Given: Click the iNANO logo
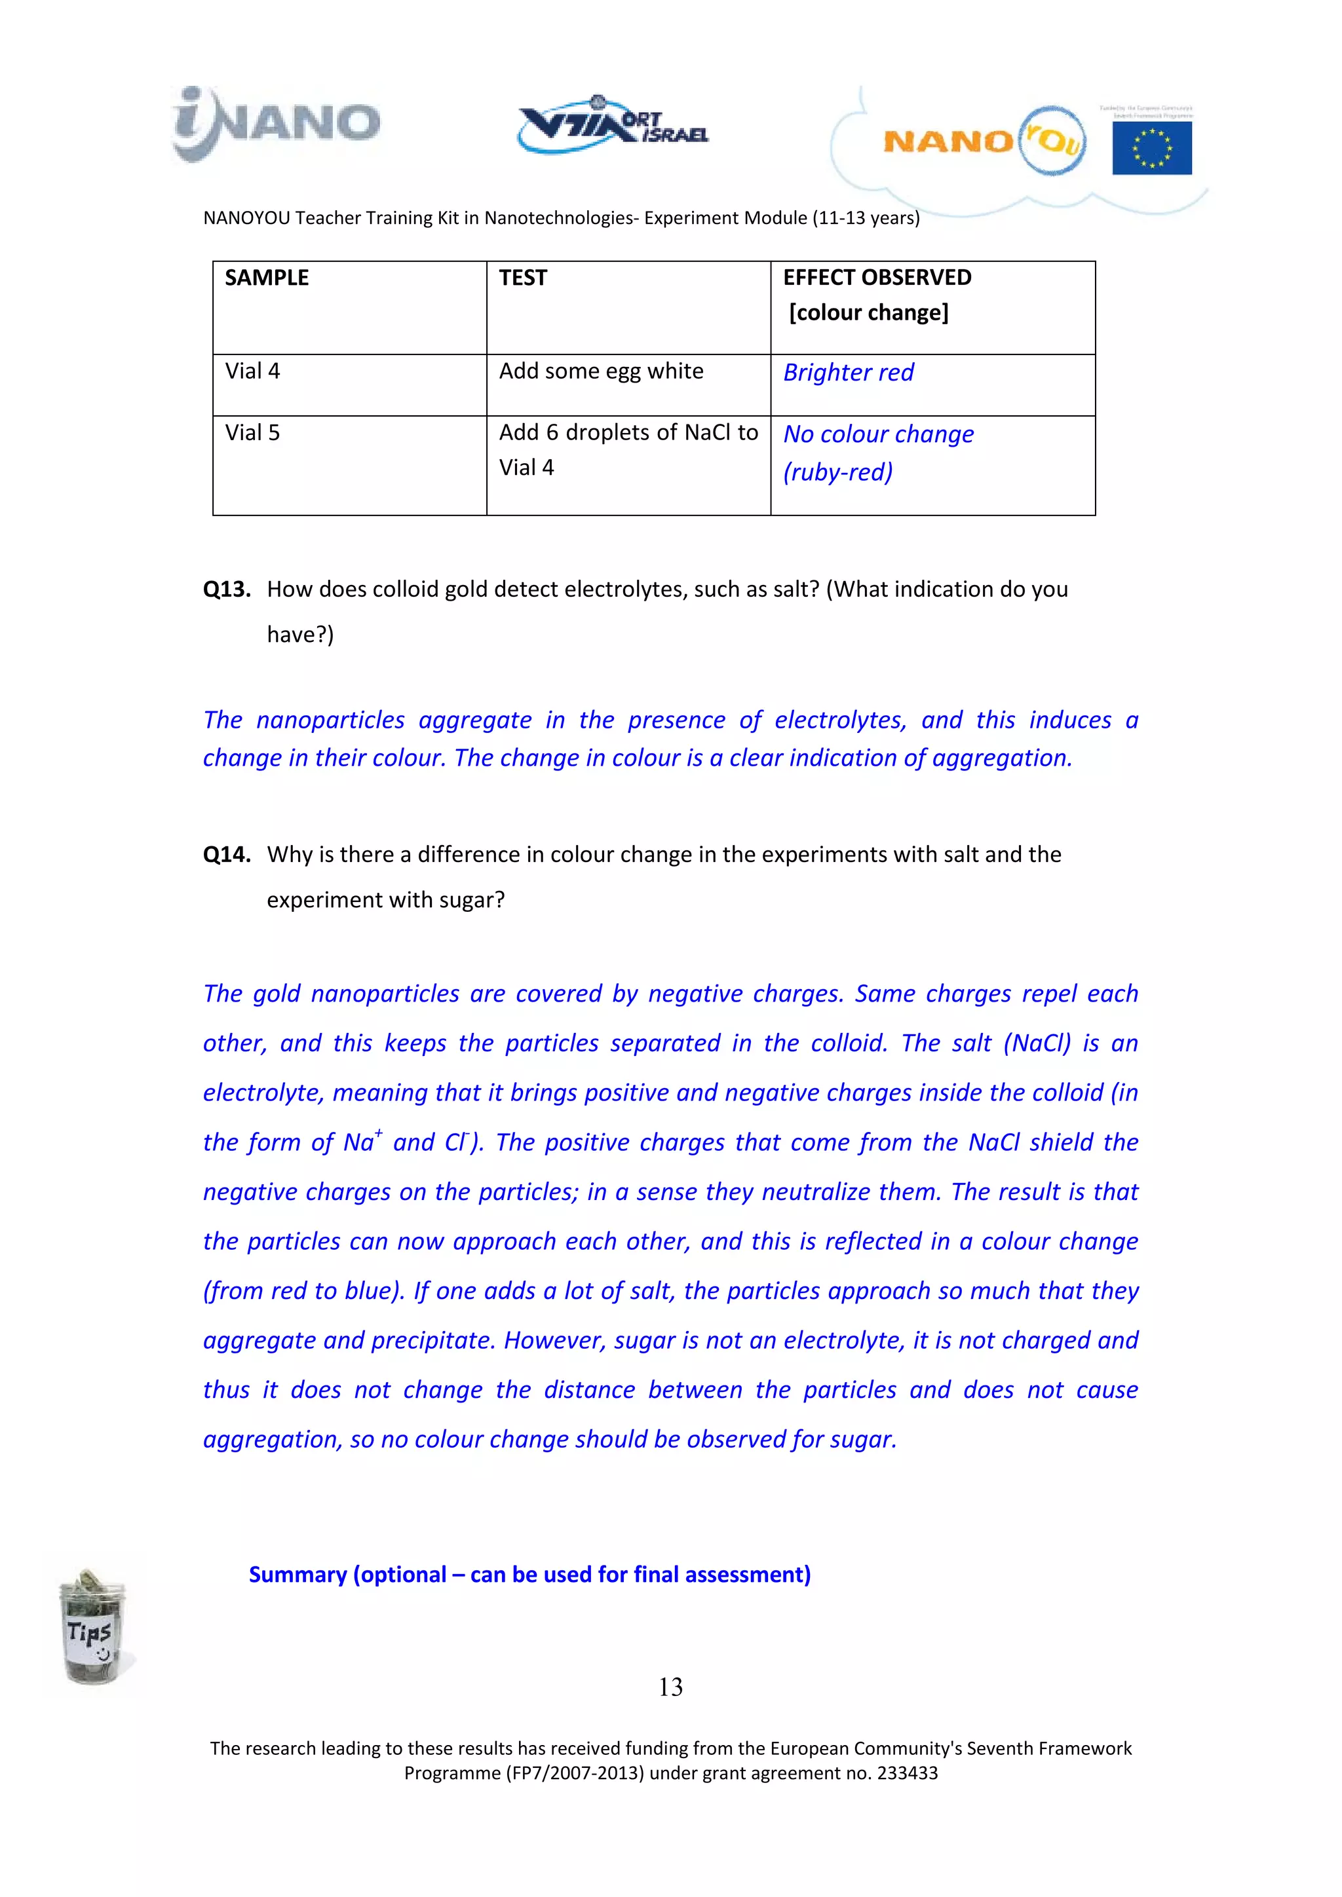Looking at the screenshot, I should (276, 123).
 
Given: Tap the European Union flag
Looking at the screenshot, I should (1151, 147).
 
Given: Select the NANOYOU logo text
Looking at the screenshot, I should (984, 141).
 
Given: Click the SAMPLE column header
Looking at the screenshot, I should (267, 278).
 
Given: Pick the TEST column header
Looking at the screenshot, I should (523, 278).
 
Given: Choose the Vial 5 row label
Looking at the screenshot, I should (253, 433).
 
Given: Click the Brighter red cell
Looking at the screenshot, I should (849, 373).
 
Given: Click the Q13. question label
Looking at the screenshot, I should (227, 589).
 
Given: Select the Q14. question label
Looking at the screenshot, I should (227, 854).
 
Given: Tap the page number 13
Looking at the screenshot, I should (670, 1686).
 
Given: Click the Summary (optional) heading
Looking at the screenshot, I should (529, 1575).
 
